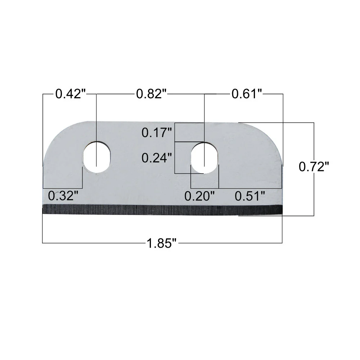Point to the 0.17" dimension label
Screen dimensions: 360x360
[x=156, y=133]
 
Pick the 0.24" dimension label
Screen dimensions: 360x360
[x=156, y=158]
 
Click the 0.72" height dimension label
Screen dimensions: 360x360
[x=314, y=167]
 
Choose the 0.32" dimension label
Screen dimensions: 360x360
[x=63, y=196]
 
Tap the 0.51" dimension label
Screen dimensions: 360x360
[x=250, y=196]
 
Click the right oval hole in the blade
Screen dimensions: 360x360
[x=204, y=157]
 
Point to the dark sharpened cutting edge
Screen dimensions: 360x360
[x=162, y=210]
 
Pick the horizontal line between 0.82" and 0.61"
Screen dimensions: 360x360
[x=198, y=94]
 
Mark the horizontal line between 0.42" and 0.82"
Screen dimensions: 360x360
[x=112, y=94]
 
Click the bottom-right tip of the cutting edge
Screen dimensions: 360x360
[x=282, y=215]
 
